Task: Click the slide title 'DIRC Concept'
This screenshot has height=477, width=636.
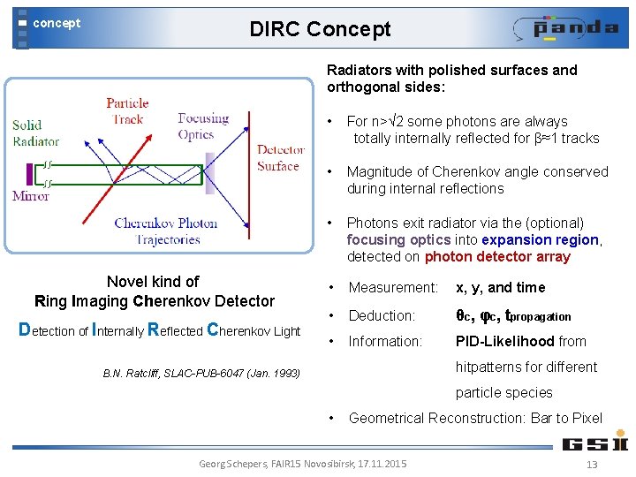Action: tap(320, 29)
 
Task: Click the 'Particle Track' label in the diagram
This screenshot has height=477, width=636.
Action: tap(127, 110)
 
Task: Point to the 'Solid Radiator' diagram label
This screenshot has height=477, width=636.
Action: tap(35, 132)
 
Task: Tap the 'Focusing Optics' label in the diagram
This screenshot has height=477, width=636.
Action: tap(202, 126)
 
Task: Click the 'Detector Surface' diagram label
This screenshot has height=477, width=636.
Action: tap(278, 157)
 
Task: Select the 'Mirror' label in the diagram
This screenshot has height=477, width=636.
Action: tap(31, 195)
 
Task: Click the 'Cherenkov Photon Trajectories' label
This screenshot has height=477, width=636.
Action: tap(165, 231)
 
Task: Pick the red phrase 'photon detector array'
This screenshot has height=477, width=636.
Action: tap(497, 257)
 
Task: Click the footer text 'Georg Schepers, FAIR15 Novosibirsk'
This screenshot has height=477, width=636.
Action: tap(303, 464)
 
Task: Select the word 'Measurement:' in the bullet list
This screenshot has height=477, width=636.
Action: tap(393, 288)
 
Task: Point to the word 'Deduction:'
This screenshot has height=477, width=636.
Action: tap(382, 315)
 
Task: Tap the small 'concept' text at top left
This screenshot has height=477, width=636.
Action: tap(57, 23)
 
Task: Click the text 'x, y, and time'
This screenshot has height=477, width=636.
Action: tap(500, 288)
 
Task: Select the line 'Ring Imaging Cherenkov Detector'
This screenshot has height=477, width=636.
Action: tap(154, 301)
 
